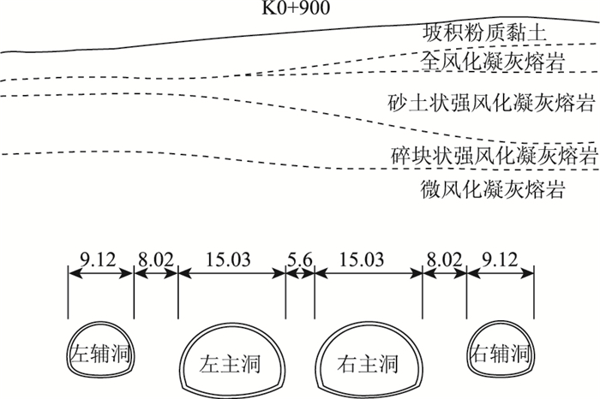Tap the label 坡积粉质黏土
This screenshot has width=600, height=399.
point(485,35)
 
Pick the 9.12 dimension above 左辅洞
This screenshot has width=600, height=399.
point(99,257)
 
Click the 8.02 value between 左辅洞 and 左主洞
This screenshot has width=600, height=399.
point(155,257)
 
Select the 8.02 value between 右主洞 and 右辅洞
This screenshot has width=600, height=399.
point(445,257)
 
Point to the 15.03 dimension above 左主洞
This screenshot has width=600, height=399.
point(231,257)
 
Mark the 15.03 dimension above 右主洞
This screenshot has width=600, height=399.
point(369,257)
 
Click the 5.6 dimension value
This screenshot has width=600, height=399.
point(300,257)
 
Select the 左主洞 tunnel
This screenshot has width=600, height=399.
point(232,361)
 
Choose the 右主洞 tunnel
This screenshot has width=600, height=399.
point(369,361)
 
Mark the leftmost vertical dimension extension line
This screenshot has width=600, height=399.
point(69,291)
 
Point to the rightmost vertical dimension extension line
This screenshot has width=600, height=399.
point(533,291)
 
